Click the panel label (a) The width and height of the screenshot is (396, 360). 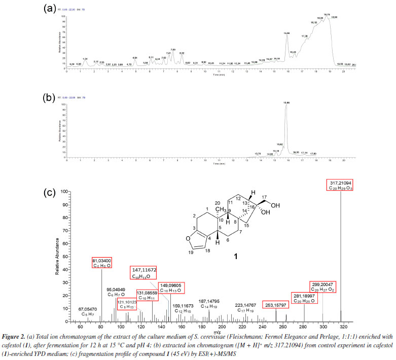click(49, 8)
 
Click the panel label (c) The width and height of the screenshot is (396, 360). click(49, 193)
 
